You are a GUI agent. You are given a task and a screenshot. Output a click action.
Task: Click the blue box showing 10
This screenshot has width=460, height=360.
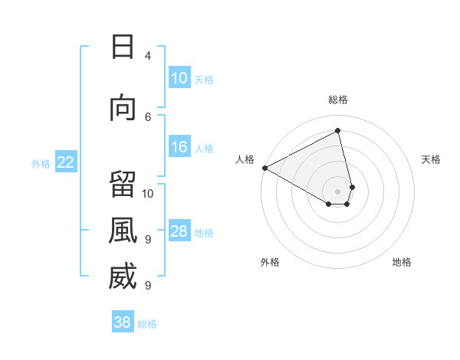pos(179,78)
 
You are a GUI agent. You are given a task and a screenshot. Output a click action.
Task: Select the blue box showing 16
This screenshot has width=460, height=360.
pos(179,147)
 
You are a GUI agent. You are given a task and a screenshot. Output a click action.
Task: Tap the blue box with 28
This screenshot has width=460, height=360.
pos(179,231)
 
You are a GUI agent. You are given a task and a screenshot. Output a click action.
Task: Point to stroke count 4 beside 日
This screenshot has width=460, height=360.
pos(148,55)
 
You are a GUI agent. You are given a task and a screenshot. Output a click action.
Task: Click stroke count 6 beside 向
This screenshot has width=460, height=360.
pos(148,116)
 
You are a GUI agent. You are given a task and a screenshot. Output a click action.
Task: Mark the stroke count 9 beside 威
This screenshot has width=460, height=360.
pos(148,285)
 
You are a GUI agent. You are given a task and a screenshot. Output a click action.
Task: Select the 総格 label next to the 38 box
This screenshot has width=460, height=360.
pos(147,324)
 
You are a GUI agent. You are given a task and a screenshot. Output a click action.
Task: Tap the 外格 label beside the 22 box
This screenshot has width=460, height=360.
pos(41,163)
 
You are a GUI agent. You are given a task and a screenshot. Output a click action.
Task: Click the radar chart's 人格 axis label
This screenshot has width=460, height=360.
pos(245,159)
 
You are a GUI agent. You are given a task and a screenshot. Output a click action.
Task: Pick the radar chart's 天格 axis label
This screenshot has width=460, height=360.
pos(432,159)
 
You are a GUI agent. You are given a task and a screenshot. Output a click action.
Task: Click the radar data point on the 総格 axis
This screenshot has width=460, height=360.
pos(338,131)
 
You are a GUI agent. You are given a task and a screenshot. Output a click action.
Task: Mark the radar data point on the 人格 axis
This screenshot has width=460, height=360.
pos(264,168)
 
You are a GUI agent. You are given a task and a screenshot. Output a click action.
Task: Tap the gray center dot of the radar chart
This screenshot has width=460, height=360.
pos(338,191)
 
